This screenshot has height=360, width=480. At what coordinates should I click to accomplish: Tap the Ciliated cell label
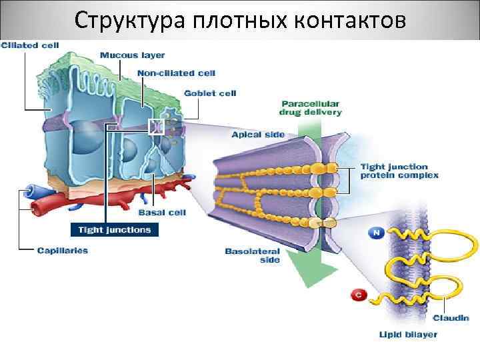[30, 45]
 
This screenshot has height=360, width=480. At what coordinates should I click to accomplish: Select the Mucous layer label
[132, 55]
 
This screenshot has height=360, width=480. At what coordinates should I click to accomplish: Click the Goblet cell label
[210, 93]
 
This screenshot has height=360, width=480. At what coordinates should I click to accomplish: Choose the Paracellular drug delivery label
[311, 108]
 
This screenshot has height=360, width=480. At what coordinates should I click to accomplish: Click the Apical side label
[258, 135]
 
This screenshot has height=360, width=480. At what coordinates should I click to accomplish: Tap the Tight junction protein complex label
[399, 171]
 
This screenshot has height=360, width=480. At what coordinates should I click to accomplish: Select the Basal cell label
[162, 213]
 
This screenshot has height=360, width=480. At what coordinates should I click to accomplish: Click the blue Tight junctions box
[115, 230]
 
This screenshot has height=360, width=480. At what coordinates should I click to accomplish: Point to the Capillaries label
[62, 251]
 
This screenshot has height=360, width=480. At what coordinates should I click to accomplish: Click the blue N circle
[375, 233]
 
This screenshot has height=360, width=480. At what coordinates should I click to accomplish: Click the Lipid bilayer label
[409, 335]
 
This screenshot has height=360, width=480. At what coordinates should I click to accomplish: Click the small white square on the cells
[157, 126]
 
